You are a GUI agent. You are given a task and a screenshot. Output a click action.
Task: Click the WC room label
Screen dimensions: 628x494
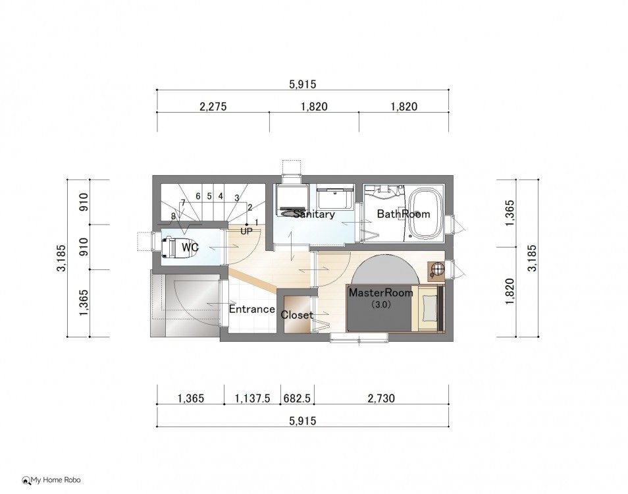[190, 247]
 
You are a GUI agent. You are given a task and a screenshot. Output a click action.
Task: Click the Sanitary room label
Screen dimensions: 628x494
[314, 214]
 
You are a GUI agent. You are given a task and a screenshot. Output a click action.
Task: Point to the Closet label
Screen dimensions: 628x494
[297, 315]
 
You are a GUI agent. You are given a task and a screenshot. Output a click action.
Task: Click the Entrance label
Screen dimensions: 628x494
[252, 309]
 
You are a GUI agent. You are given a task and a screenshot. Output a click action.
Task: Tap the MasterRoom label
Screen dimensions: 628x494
[381, 292]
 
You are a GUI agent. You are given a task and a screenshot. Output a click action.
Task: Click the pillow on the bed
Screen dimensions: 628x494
[429, 308]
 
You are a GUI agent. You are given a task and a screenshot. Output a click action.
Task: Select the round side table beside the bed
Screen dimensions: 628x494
[436, 269]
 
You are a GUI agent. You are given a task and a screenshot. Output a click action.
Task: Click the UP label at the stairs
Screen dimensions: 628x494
[246, 231]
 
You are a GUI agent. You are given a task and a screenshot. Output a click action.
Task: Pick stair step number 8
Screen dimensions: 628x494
[173, 216]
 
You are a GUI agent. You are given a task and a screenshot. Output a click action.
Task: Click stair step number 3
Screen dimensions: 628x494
[237, 198]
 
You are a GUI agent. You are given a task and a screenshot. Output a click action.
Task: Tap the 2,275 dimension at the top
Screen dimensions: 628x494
[213, 107]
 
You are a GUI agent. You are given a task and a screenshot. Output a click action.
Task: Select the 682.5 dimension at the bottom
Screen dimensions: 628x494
[297, 398]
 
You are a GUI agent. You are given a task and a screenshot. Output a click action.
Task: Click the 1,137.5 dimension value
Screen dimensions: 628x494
[253, 398]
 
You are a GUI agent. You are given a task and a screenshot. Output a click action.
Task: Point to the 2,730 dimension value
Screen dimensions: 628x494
[381, 398]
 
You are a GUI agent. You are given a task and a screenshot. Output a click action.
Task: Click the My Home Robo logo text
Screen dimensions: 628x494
[56, 480]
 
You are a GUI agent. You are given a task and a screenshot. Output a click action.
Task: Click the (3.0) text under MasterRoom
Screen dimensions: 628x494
[380, 304]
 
